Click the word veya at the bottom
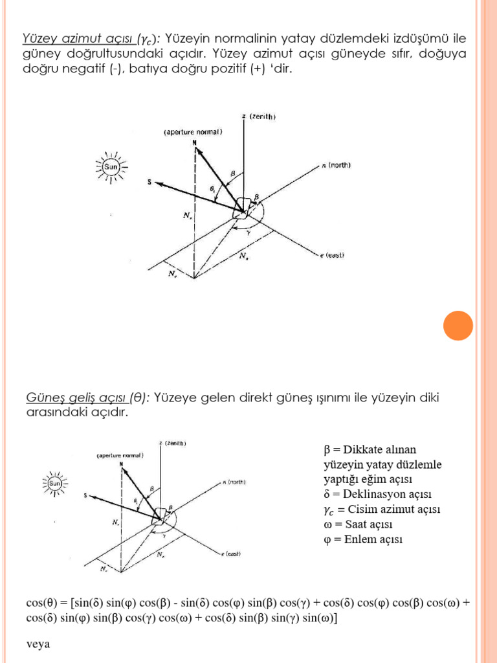click(38, 644)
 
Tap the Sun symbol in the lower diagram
click(56, 483)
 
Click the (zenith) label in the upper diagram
click(262, 117)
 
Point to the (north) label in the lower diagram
click(235, 482)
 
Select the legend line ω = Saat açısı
click(357, 524)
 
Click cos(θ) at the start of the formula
click(41, 603)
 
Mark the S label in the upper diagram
click(149, 183)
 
